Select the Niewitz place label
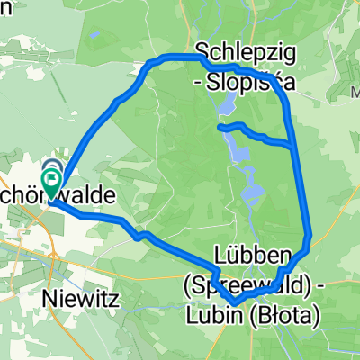[79, 293]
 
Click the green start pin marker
[51, 180]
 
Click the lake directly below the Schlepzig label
[222, 110]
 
